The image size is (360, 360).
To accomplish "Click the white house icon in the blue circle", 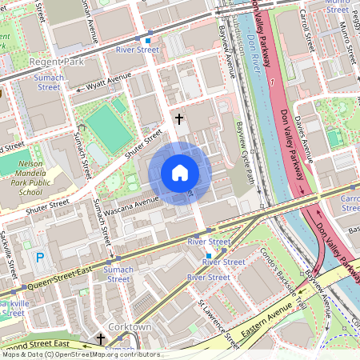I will [179, 173].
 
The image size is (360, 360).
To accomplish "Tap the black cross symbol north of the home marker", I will [179, 119].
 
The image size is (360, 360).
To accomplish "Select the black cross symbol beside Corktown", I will [100, 339].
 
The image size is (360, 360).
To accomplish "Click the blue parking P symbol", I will [40, 258].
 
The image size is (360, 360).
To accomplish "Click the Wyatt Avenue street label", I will [108, 79].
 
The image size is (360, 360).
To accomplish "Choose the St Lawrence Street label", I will [219, 325].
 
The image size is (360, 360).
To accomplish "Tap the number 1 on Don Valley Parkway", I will [272, 82].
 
